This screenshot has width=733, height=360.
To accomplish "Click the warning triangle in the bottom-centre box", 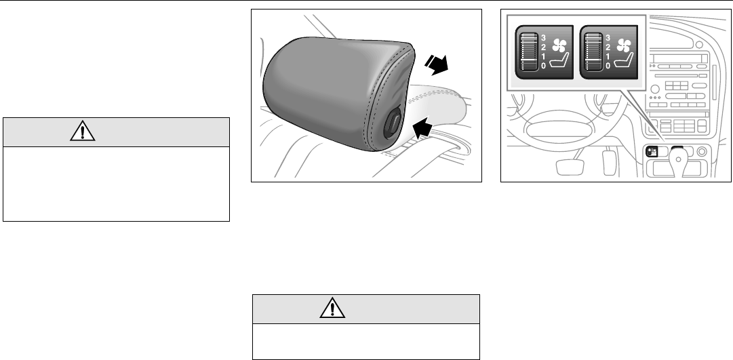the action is click(332, 308).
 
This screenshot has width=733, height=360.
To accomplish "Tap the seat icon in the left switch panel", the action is click(561, 64).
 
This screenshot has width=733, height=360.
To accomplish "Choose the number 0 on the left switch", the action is click(544, 66).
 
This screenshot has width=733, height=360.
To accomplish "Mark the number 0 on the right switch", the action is click(609, 66).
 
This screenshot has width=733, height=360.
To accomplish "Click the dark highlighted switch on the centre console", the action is click(652, 152).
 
